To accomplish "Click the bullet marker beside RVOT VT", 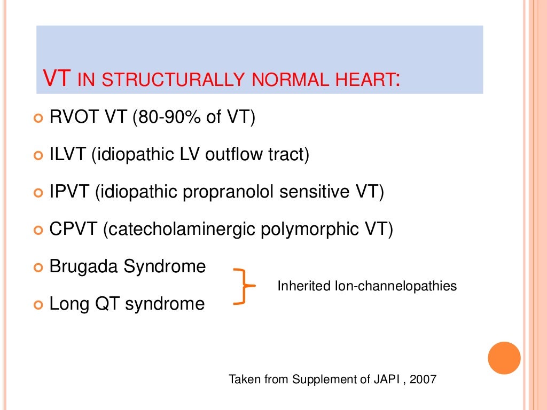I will [x=37, y=119].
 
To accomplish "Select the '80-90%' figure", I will [x=168, y=117].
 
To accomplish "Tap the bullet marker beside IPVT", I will [x=37, y=193].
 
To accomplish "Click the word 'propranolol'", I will [x=231, y=192].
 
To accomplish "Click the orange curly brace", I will [x=244, y=287].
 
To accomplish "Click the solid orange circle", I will [x=504, y=358].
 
